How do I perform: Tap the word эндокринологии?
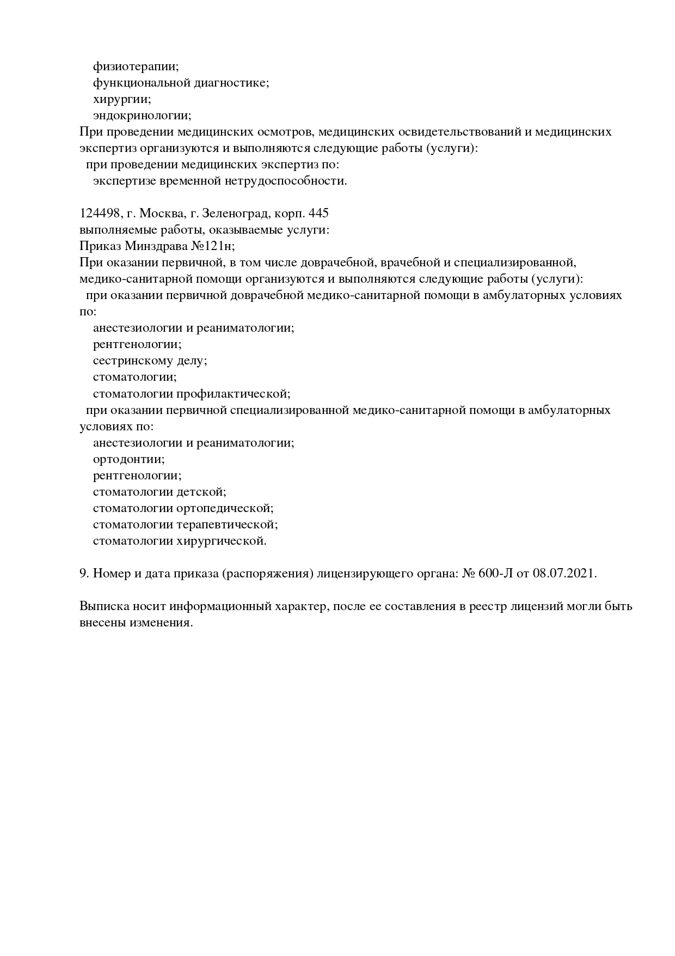pos(142,115)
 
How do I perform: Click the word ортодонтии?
pos(128,459)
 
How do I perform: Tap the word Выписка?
pos(101,606)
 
